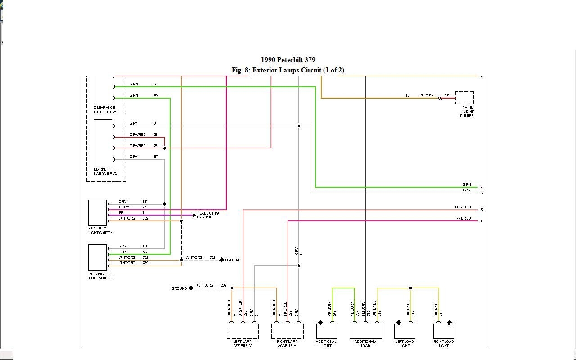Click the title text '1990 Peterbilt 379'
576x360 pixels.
(288, 60)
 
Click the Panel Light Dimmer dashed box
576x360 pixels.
(464, 98)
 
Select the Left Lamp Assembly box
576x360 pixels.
(243, 331)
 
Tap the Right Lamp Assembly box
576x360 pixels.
(287, 331)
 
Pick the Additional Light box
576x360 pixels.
(326, 331)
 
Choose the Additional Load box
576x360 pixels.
(365, 331)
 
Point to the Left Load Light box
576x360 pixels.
(405, 331)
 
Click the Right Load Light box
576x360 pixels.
(444, 331)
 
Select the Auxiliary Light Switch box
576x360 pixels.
(98, 212)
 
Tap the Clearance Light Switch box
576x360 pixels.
(98, 257)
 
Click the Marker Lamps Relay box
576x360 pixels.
(103, 143)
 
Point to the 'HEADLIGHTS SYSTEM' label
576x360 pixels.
(208, 215)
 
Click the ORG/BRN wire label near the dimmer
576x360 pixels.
(425, 95)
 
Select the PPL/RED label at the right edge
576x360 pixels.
(463, 219)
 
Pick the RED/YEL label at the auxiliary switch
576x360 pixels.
(126, 207)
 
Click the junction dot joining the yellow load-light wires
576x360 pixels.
(410, 288)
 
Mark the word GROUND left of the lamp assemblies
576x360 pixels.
(179, 288)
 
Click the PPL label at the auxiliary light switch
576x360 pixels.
(122, 213)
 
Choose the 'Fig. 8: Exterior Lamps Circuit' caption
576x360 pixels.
(288, 70)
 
